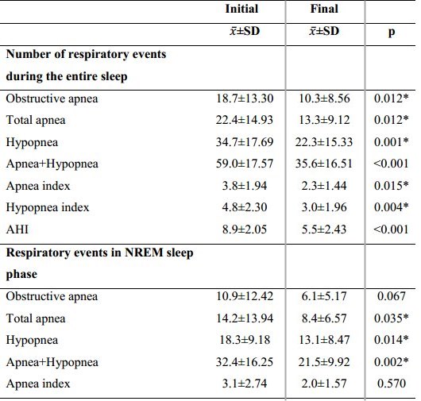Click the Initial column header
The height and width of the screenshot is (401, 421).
241,9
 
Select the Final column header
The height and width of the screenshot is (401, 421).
324,9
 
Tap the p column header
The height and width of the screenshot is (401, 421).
392,32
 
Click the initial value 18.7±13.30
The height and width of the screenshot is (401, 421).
245,98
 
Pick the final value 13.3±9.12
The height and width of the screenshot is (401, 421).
324,120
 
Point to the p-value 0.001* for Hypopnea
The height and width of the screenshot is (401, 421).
391,142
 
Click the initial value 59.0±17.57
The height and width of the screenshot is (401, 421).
245,164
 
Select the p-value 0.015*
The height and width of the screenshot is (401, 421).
391,186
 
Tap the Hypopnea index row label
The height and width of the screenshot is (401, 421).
48,208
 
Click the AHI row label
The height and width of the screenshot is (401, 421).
17,229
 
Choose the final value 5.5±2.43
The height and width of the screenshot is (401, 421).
324,229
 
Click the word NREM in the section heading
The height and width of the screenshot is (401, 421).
144,253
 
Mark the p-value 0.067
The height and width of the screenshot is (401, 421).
391,296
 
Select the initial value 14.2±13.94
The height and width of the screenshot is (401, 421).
245,318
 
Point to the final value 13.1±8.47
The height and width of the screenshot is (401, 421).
324,340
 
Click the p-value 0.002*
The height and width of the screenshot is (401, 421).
391,362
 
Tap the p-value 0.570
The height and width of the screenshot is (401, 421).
391,384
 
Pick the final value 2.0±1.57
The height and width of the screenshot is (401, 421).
324,384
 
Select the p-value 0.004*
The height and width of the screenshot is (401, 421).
391,207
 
